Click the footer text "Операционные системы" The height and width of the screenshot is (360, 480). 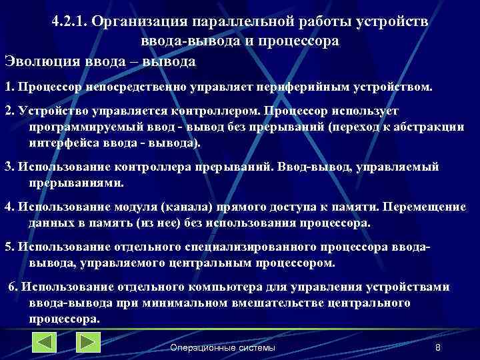coord(222,347)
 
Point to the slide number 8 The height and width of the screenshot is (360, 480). coord(437,347)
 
